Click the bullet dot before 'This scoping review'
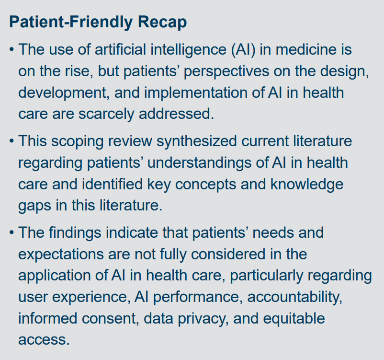tap(11, 141)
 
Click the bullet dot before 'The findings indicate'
tap(11, 233)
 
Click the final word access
tap(44, 339)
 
